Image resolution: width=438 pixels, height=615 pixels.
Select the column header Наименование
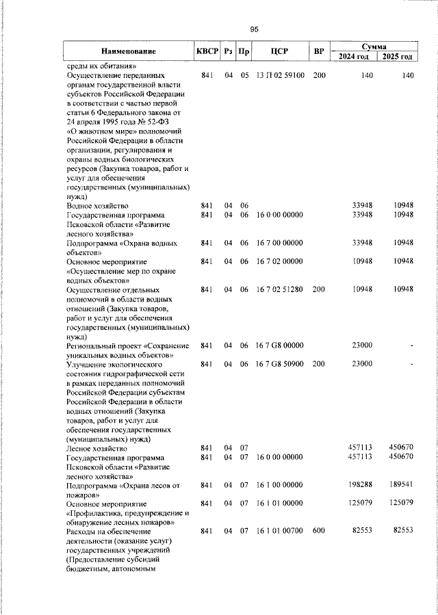click(x=129, y=51)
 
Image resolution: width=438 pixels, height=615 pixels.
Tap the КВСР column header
click(x=207, y=51)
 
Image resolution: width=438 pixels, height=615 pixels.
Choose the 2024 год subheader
click(x=356, y=57)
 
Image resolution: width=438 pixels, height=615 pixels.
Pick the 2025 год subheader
click(x=398, y=57)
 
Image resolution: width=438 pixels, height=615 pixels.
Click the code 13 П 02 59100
click(x=280, y=75)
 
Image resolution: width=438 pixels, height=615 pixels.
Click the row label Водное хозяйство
click(x=98, y=205)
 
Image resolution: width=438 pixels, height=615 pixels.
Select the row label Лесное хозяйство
click(x=97, y=447)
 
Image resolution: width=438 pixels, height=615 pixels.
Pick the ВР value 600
click(x=319, y=532)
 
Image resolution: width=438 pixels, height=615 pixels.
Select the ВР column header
click(x=319, y=51)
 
